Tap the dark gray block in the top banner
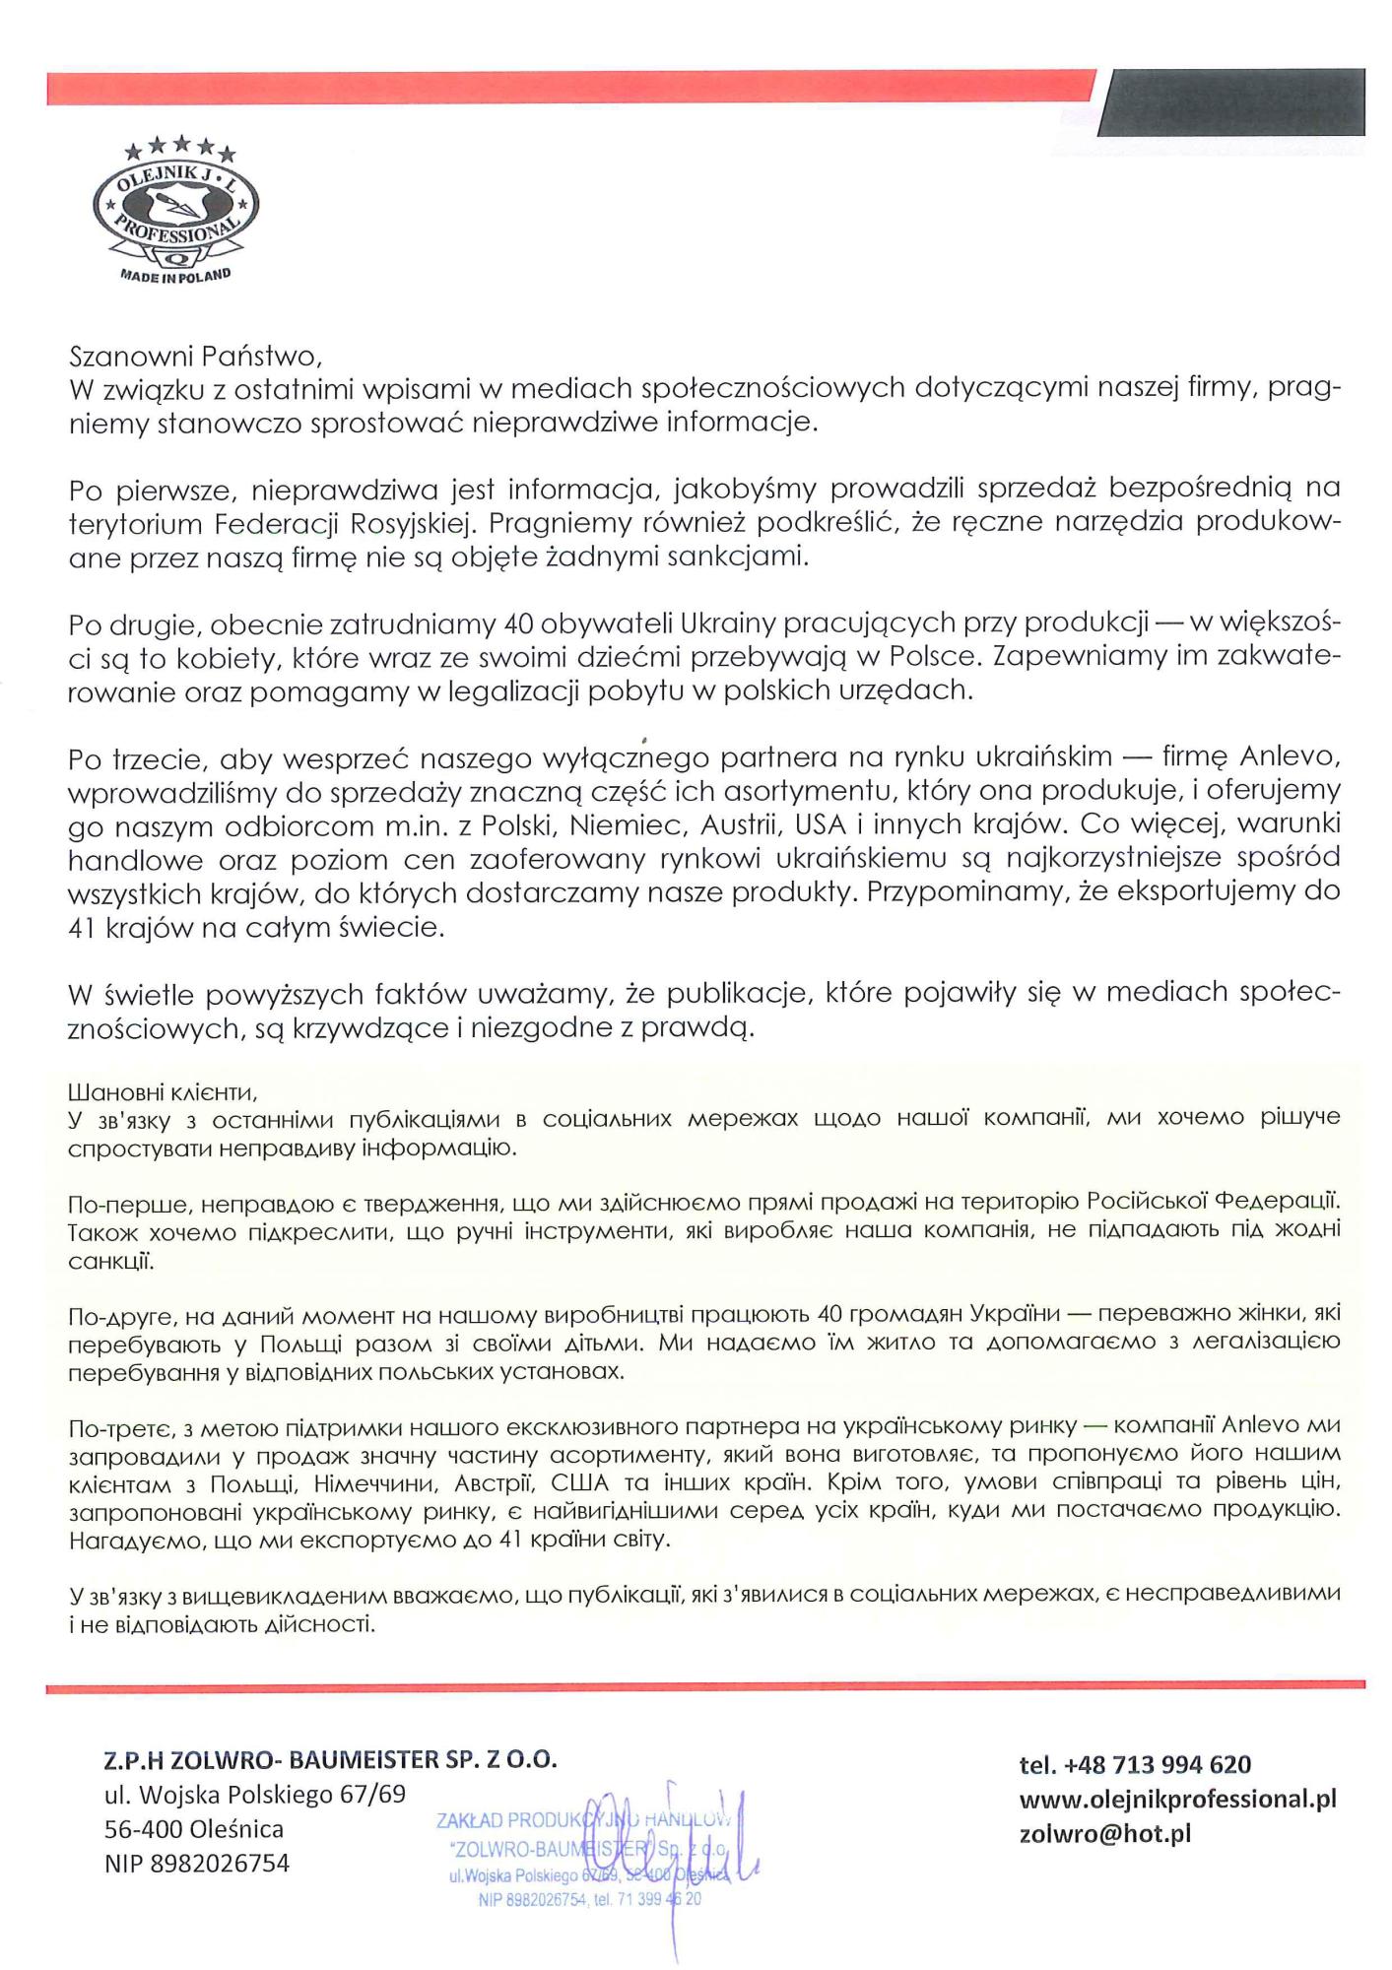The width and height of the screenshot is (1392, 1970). coord(1235,101)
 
